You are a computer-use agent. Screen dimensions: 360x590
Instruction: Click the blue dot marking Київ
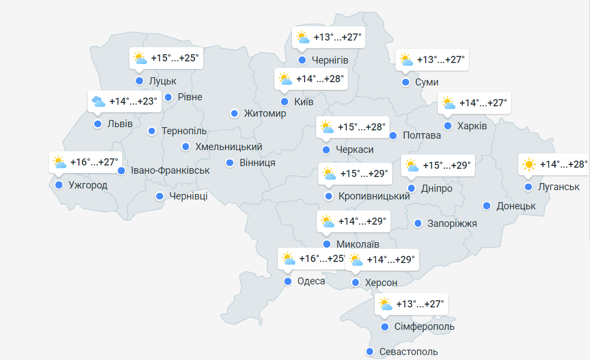click(x=284, y=101)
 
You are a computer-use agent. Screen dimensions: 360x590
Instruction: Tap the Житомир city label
click(x=265, y=113)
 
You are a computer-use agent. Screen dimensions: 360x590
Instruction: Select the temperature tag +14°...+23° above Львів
click(x=133, y=101)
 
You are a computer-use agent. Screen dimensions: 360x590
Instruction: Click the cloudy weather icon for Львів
click(x=99, y=101)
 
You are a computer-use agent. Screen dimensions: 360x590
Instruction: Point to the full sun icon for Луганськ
click(x=529, y=164)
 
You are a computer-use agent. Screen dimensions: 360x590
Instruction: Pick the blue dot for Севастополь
click(x=370, y=352)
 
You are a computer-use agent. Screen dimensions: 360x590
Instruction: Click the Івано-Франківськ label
click(x=170, y=170)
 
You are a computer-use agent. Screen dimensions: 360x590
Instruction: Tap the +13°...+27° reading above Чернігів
click(x=337, y=37)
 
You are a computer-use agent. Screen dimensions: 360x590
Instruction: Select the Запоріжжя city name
click(x=452, y=224)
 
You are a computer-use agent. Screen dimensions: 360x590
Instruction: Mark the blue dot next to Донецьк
click(x=486, y=206)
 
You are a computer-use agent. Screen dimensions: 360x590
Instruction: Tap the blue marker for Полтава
click(x=393, y=135)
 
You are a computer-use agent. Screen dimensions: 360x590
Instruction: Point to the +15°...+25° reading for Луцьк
click(x=175, y=58)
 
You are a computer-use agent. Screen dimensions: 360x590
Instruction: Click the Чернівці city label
click(x=188, y=196)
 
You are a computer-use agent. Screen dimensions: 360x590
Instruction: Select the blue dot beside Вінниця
click(x=230, y=163)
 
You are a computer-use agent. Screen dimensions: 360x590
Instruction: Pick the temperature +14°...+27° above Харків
click(x=483, y=102)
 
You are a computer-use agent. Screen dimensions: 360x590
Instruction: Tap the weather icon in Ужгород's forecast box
click(x=60, y=162)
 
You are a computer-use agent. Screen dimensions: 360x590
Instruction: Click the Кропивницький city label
click(x=374, y=196)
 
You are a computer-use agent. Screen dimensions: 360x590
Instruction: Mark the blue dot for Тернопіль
click(x=152, y=131)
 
